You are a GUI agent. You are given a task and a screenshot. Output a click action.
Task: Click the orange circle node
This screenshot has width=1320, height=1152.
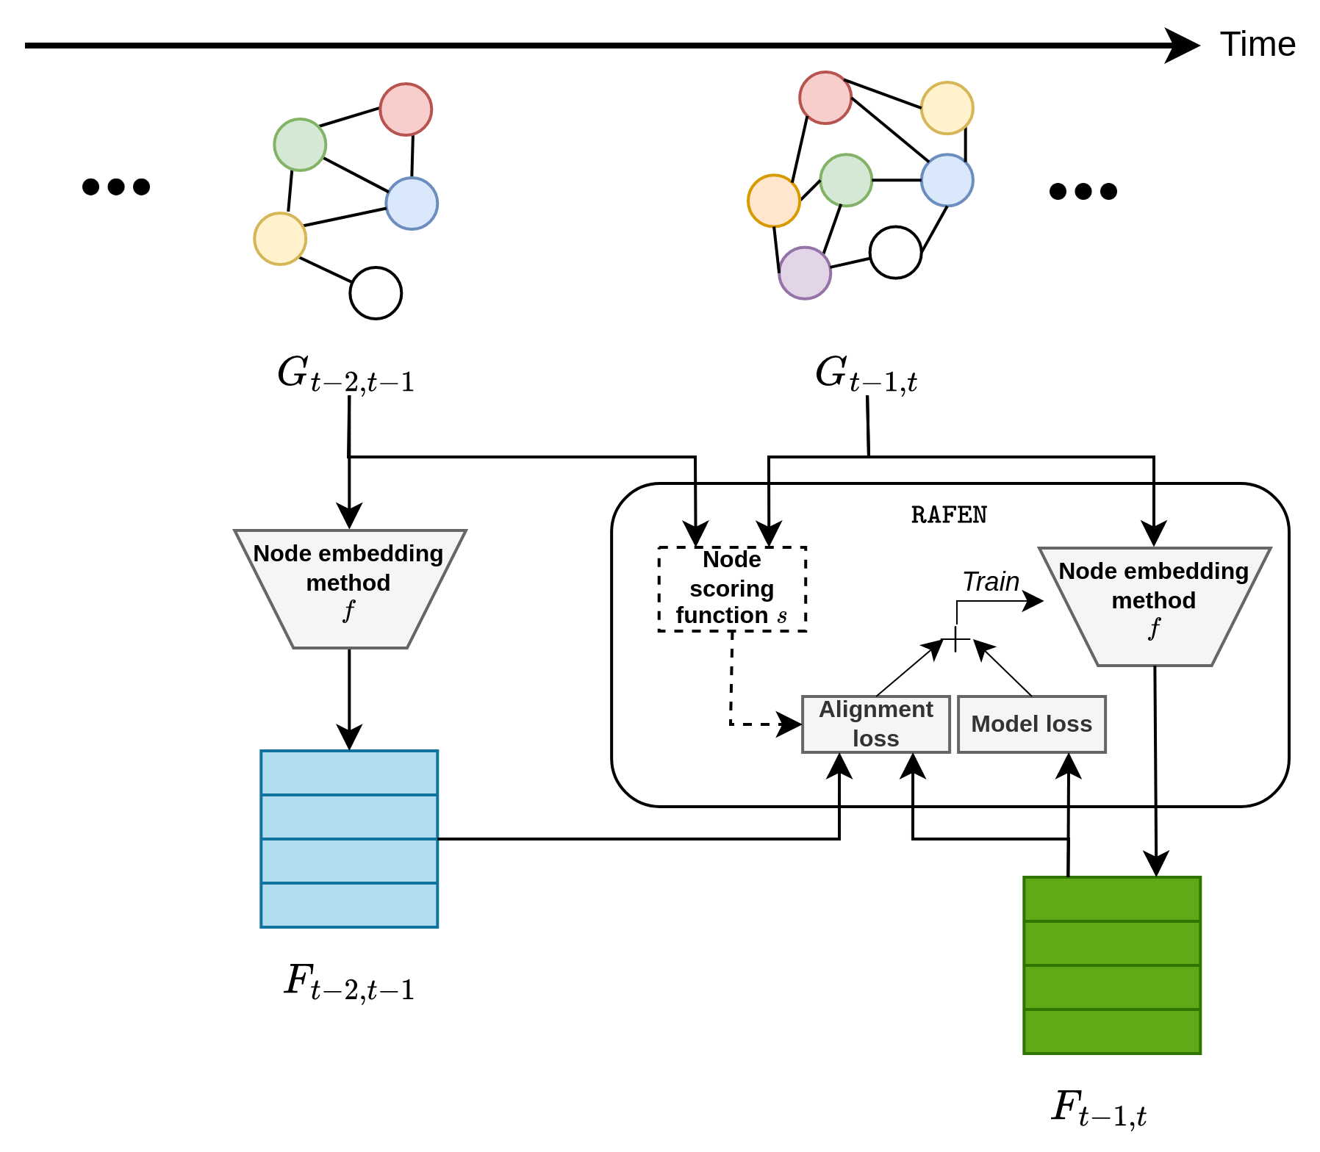coord(774,201)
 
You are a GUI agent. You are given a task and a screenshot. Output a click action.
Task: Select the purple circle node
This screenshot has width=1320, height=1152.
coord(805,273)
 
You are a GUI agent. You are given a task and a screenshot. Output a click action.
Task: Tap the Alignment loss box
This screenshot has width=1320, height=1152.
coord(876,724)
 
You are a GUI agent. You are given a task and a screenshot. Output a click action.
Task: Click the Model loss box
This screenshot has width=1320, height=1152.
coord(1032,724)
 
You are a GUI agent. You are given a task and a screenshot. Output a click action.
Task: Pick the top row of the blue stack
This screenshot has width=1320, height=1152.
coord(349,772)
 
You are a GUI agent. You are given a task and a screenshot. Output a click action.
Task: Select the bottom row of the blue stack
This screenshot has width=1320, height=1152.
coord(349,905)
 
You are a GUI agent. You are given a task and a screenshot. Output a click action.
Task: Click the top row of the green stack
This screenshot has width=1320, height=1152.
coord(1112,899)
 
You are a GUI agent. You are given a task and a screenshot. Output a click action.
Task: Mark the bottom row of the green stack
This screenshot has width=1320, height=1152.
coord(1112,1032)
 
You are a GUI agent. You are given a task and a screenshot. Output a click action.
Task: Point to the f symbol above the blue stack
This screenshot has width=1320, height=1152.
coord(349,610)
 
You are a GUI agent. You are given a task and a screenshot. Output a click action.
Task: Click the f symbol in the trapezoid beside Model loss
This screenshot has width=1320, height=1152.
coord(1154,627)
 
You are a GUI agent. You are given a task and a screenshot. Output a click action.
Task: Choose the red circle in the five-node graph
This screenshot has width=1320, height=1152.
coord(406,109)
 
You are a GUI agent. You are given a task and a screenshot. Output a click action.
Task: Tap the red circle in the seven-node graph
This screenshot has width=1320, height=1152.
coord(825,98)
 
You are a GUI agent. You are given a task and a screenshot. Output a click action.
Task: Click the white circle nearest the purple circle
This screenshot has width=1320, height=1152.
coord(895,253)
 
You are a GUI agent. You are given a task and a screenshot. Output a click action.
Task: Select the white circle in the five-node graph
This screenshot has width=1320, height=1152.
coord(376,293)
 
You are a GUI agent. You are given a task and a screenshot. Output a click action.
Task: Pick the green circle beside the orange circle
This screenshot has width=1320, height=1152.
coord(846,180)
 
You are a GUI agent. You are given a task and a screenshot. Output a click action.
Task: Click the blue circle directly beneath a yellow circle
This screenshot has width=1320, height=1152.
coord(947,180)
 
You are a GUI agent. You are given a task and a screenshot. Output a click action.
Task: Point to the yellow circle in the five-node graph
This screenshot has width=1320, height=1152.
coord(280,239)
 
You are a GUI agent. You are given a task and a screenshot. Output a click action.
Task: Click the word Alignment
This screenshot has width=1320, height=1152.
coord(876,709)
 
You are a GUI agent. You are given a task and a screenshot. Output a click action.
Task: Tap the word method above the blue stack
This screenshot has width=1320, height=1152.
coord(348,583)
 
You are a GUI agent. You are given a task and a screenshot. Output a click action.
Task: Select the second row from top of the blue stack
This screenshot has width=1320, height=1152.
coord(349,816)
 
